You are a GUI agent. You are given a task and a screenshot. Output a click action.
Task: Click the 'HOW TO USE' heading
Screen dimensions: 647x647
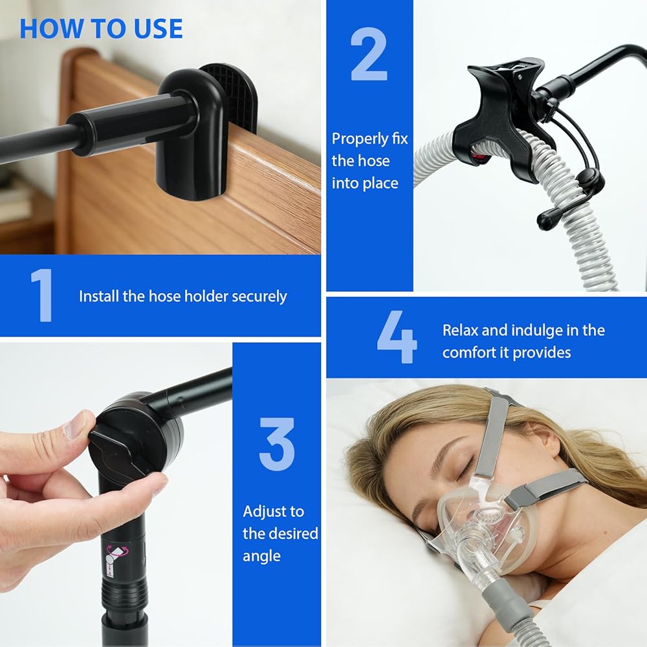101,28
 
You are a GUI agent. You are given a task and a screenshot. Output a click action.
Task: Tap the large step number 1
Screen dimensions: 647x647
41,295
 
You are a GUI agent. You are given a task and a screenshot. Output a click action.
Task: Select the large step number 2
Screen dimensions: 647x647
369,54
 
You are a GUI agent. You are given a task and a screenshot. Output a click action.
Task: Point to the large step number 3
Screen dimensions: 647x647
277,444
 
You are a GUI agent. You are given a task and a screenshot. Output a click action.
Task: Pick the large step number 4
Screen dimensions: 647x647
397,337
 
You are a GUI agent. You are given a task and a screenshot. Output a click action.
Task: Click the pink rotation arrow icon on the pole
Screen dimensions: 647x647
116,551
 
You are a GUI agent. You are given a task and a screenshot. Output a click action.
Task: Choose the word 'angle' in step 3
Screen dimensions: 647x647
261,556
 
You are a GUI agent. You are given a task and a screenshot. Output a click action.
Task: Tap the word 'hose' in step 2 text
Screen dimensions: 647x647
373,161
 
